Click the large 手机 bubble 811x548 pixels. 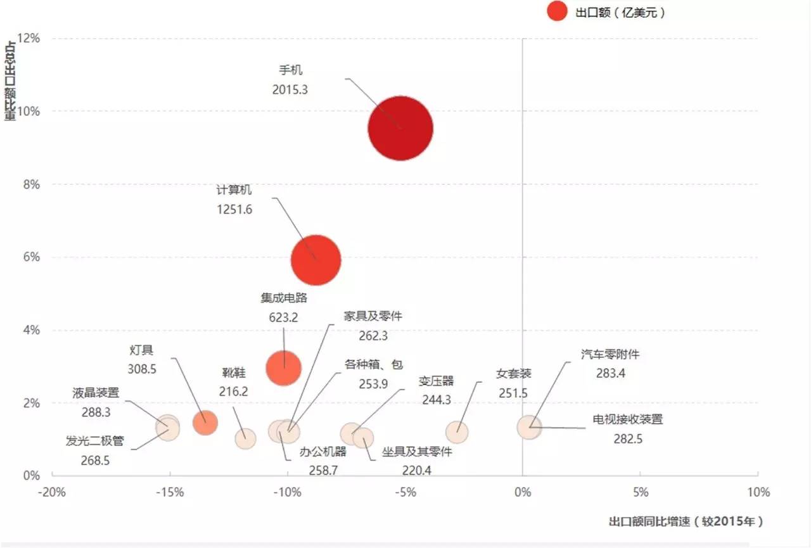click(x=400, y=129)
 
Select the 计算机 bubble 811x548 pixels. click(x=316, y=260)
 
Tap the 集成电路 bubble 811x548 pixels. click(x=283, y=367)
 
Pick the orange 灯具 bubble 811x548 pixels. click(x=205, y=423)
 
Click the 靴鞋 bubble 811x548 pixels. click(x=245, y=438)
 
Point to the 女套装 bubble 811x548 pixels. click(x=457, y=433)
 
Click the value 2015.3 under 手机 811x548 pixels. click(x=290, y=89)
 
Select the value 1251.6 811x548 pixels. click(x=234, y=209)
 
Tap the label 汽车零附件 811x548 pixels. click(x=610, y=354)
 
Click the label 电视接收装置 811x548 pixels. click(x=627, y=419)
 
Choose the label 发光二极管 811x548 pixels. click(x=95, y=442)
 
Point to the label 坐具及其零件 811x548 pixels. click(x=417, y=452)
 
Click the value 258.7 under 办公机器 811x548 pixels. click(x=323, y=470)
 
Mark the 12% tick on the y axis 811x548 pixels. click(x=28, y=39)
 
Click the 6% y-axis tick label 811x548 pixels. click(x=30, y=257)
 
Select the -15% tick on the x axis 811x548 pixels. click(x=170, y=492)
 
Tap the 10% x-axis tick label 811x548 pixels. click(x=758, y=492)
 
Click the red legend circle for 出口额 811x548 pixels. click(x=557, y=11)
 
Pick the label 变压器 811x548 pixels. click(x=436, y=381)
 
